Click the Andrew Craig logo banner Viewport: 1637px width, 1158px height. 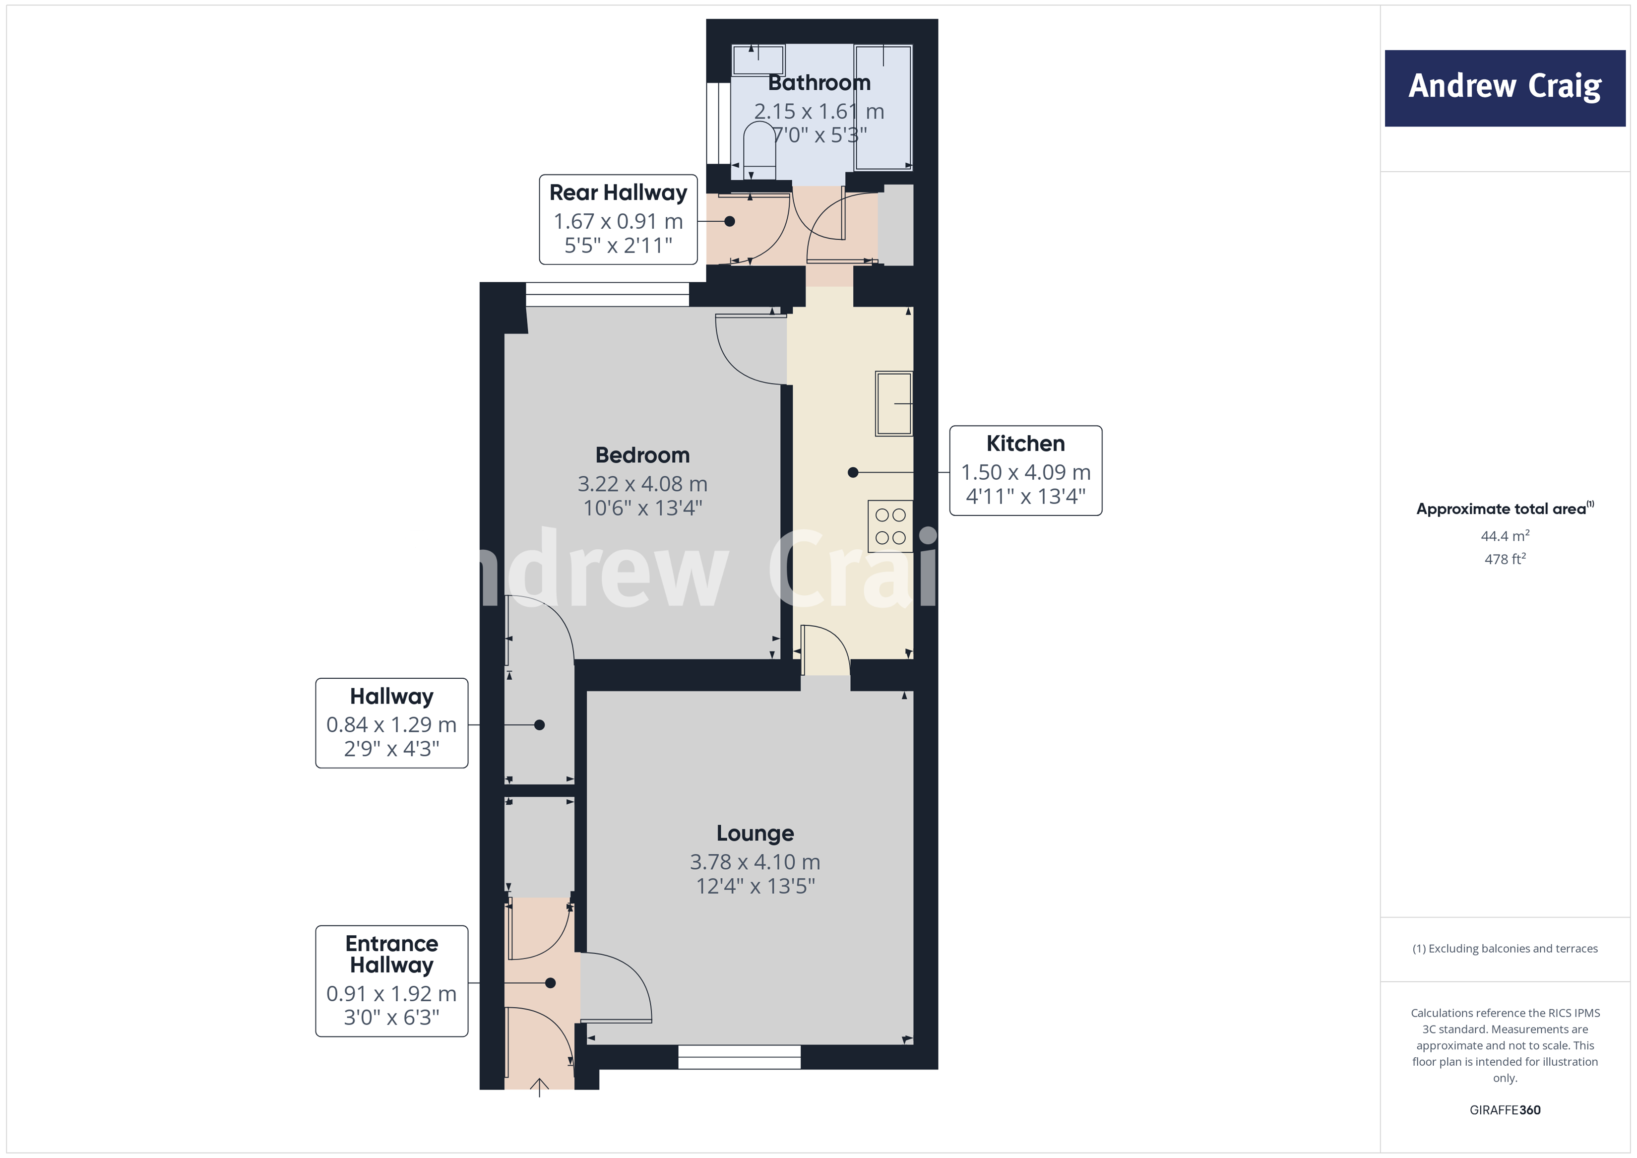click(1505, 88)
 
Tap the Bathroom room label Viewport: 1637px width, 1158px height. click(819, 83)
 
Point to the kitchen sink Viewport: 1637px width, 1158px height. click(894, 403)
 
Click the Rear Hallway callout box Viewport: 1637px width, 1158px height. click(618, 220)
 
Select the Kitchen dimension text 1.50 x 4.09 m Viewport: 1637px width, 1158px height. click(1025, 472)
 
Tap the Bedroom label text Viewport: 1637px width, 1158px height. click(642, 455)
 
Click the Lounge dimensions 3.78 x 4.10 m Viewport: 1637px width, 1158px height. click(755, 862)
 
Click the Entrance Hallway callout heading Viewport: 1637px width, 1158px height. click(391, 954)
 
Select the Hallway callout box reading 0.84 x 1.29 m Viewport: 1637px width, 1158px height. click(391, 723)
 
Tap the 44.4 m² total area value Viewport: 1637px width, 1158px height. click(1505, 535)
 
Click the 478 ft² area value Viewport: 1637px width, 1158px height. click(1505, 559)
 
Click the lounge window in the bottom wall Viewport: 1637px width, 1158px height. click(739, 1057)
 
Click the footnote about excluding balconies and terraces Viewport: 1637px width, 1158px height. click(1505, 948)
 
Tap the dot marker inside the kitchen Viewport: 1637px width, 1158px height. click(853, 472)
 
